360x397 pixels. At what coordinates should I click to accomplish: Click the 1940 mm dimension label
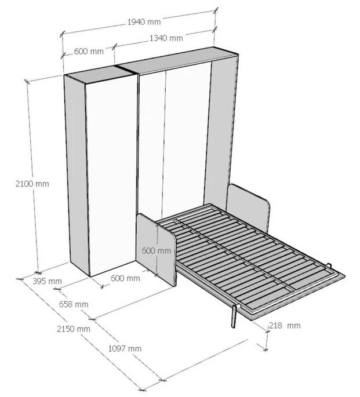click(x=144, y=22)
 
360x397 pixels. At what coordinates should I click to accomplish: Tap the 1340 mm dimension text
click(x=166, y=38)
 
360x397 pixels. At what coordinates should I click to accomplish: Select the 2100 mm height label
click(x=32, y=184)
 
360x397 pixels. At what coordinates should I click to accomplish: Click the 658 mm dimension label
click(x=72, y=304)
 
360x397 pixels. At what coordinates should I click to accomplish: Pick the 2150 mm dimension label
click(x=73, y=329)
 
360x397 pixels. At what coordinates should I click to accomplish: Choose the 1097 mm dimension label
click(x=125, y=348)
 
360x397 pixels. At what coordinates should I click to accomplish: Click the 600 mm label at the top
click(x=89, y=52)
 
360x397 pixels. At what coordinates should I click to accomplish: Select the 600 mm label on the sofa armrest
click(x=157, y=251)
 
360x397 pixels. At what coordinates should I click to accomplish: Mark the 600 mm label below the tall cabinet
click(x=125, y=278)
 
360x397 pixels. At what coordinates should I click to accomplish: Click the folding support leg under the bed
click(x=233, y=316)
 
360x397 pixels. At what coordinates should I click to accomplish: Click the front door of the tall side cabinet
click(x=111, y=174)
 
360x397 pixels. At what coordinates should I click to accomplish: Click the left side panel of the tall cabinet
click(x=75, y=174)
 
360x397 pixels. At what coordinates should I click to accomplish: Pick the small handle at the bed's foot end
click(x=329, y=267)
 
